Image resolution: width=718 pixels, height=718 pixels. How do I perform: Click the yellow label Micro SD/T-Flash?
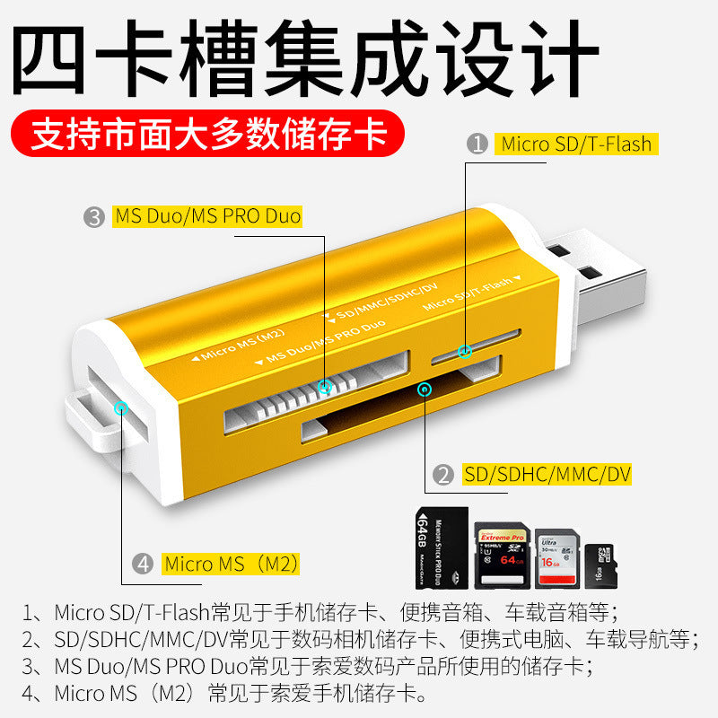pos(575,144)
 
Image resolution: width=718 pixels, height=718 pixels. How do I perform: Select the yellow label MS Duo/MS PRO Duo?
pos(207,216)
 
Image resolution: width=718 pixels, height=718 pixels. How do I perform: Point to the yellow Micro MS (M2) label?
pos(231,565)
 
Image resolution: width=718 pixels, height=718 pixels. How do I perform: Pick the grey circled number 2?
pos(442,475)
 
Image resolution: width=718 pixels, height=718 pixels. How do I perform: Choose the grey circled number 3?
pos(94,216)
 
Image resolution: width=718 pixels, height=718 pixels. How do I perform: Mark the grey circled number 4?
pos(143,565)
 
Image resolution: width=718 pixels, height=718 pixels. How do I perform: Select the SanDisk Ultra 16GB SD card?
pos(556,556)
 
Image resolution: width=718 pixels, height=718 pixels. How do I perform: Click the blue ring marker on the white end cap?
pos(121,408)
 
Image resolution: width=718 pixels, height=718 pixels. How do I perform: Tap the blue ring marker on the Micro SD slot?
pos(465,352)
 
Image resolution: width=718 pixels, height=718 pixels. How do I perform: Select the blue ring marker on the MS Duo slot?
pos(325,387)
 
